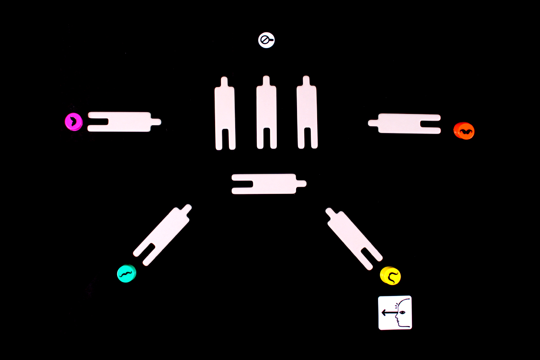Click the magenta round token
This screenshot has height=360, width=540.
coord(73,122)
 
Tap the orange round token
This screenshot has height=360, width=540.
coord(464,131)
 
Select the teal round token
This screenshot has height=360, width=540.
coord(126,274)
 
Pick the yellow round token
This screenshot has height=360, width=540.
coord(390,276)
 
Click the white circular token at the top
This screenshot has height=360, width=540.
coord(266,40)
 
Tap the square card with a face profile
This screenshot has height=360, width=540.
coord(395,312)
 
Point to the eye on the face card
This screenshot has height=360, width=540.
coord(402,312)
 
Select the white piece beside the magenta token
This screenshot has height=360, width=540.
coord(121,122)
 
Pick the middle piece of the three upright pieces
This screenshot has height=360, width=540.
coord(266,114)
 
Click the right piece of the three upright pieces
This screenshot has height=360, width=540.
coord(307,114)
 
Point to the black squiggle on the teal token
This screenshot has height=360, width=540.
coord(126,274)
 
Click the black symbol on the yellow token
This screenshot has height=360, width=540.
coord(392,276)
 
